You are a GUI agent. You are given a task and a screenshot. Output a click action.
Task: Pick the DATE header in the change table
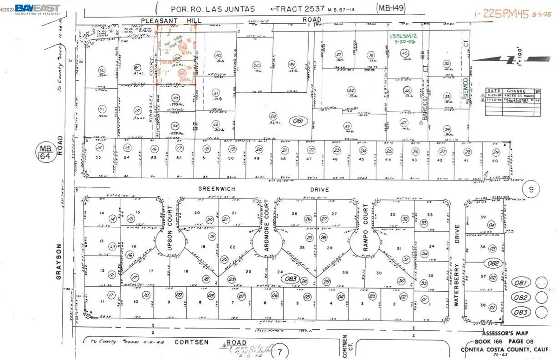coord(493,91)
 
